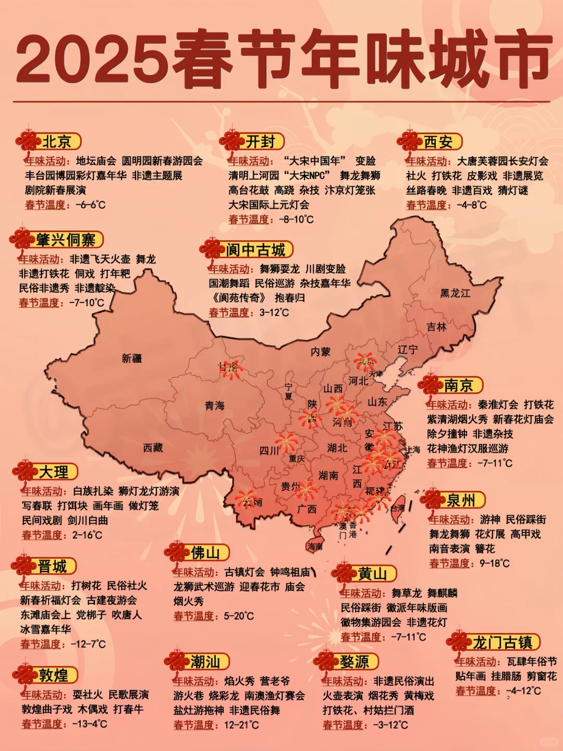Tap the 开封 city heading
click(260, 141)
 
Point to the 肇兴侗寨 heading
click(66, 240)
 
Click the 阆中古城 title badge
click(255, 250)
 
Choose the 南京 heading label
click(458, 385)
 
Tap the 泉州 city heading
click(461, 500)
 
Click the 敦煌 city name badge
click(53, 675)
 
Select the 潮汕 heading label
click(204, 662)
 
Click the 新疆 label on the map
click(132, 358)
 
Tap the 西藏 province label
click(153, 447)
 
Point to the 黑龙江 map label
click(455, 293)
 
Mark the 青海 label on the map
click(214, 405)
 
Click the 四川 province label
click(269, 451)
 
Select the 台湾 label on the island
click(398, 507)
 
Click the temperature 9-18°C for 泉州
click(495, 563)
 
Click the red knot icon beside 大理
click(25, 472)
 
